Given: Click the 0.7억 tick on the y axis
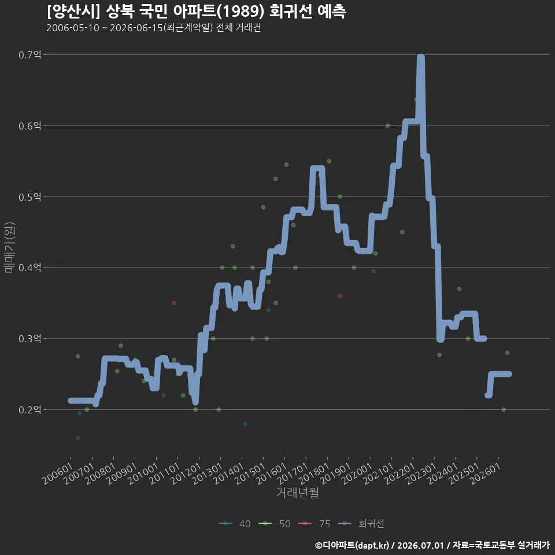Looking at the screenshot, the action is click(29, 55).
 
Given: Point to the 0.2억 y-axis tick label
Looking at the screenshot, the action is click(29, 410).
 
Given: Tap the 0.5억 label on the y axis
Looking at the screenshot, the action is click(29, 197).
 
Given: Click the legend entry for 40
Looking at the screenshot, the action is click(235, 524).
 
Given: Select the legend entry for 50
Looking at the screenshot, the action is click(275, 524).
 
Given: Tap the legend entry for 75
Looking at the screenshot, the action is click(314, 524).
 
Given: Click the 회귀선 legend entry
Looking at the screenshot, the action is click(361, 524).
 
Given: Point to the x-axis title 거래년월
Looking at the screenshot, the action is click(297, 493).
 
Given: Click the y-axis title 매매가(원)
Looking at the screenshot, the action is click(9, 247).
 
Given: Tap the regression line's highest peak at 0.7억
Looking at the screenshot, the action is click(421, 57).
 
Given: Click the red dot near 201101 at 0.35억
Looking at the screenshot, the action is click(174, 303).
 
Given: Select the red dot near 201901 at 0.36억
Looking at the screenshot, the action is click(340, 296).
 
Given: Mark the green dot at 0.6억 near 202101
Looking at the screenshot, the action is click(388, 125).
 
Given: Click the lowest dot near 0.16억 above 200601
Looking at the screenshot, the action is click(78, 438).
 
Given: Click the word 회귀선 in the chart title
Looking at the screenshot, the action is click(291, 12).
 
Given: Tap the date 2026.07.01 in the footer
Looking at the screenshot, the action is click(420, 545).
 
